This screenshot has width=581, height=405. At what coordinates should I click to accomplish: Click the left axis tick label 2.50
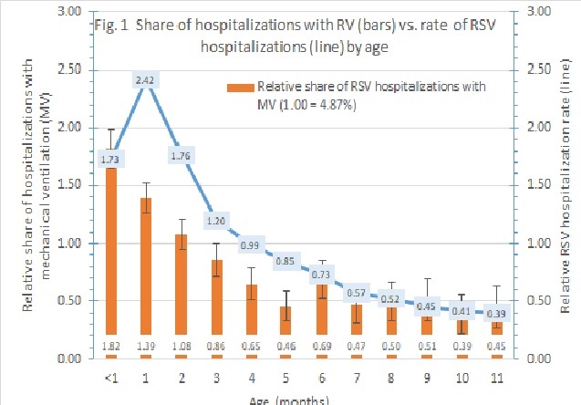(77, 70)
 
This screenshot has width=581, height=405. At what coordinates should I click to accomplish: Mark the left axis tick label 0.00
(77, 358)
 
